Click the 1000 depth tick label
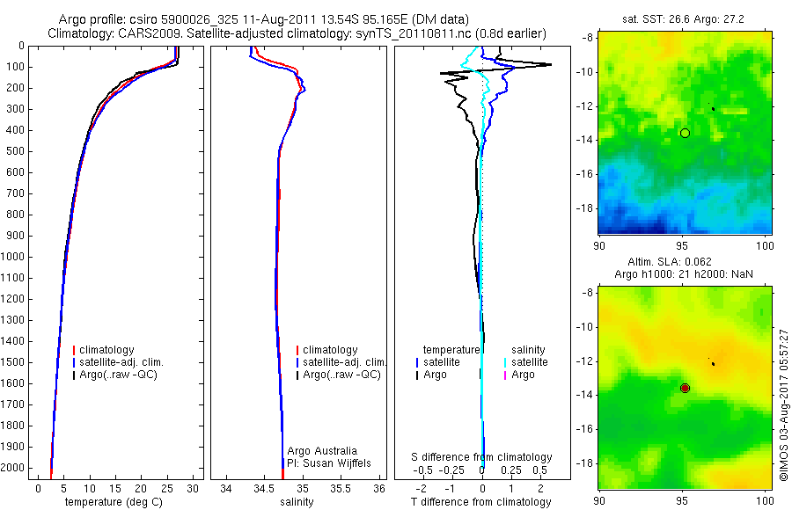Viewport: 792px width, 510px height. click(15, 257)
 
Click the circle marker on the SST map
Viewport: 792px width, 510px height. click(685, 133)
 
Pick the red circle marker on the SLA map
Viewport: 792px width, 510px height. click(685, 388)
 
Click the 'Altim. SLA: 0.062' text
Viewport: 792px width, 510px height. click(682, 263)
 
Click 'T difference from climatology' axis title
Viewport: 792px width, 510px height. click(480, 502)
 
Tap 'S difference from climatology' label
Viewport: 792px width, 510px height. click(481, 457)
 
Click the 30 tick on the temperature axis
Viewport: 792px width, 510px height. click(194, 488)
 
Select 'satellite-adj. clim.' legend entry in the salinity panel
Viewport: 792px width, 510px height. click(344, 362)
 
